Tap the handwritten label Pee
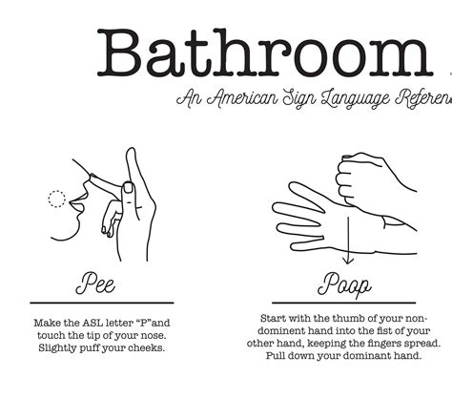pyautogui.click(x=100, y=285)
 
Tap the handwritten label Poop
pyautogui.click(x=344, y=285)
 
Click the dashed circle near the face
pyautogui.click(x=57, y=199)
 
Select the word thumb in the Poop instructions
pyautogui.click(x=346, y=318)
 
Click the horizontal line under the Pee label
pyautogui.click(x=100, y=302)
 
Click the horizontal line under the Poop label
pyautogui.click(x=344, y=302)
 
